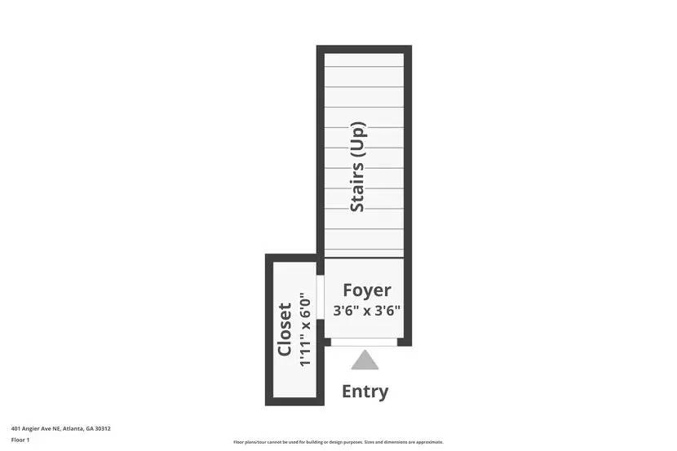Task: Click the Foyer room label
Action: (x=366, y=290)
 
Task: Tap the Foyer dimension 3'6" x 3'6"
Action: (x=366, y=310)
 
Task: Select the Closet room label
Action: (x=285, y=330)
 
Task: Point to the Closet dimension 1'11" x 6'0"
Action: (x=305, y=329)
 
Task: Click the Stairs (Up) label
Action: (x=357, y=167)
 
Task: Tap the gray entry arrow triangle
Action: (x=365, y=360)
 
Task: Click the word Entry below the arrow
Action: (x=365, y=391)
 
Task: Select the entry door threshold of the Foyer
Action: (x=364, y=342)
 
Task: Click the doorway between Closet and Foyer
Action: (x=320, y=298)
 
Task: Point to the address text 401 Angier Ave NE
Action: (x=38, y=428)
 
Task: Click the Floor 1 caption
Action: (x=20, y=440)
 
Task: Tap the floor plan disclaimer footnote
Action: (x=338, y=442)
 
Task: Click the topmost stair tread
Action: (x=364, y=60)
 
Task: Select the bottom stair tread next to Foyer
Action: (x=364, y=254)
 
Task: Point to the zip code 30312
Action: (x=103, y=428)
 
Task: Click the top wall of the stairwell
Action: (x=364, y=49)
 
